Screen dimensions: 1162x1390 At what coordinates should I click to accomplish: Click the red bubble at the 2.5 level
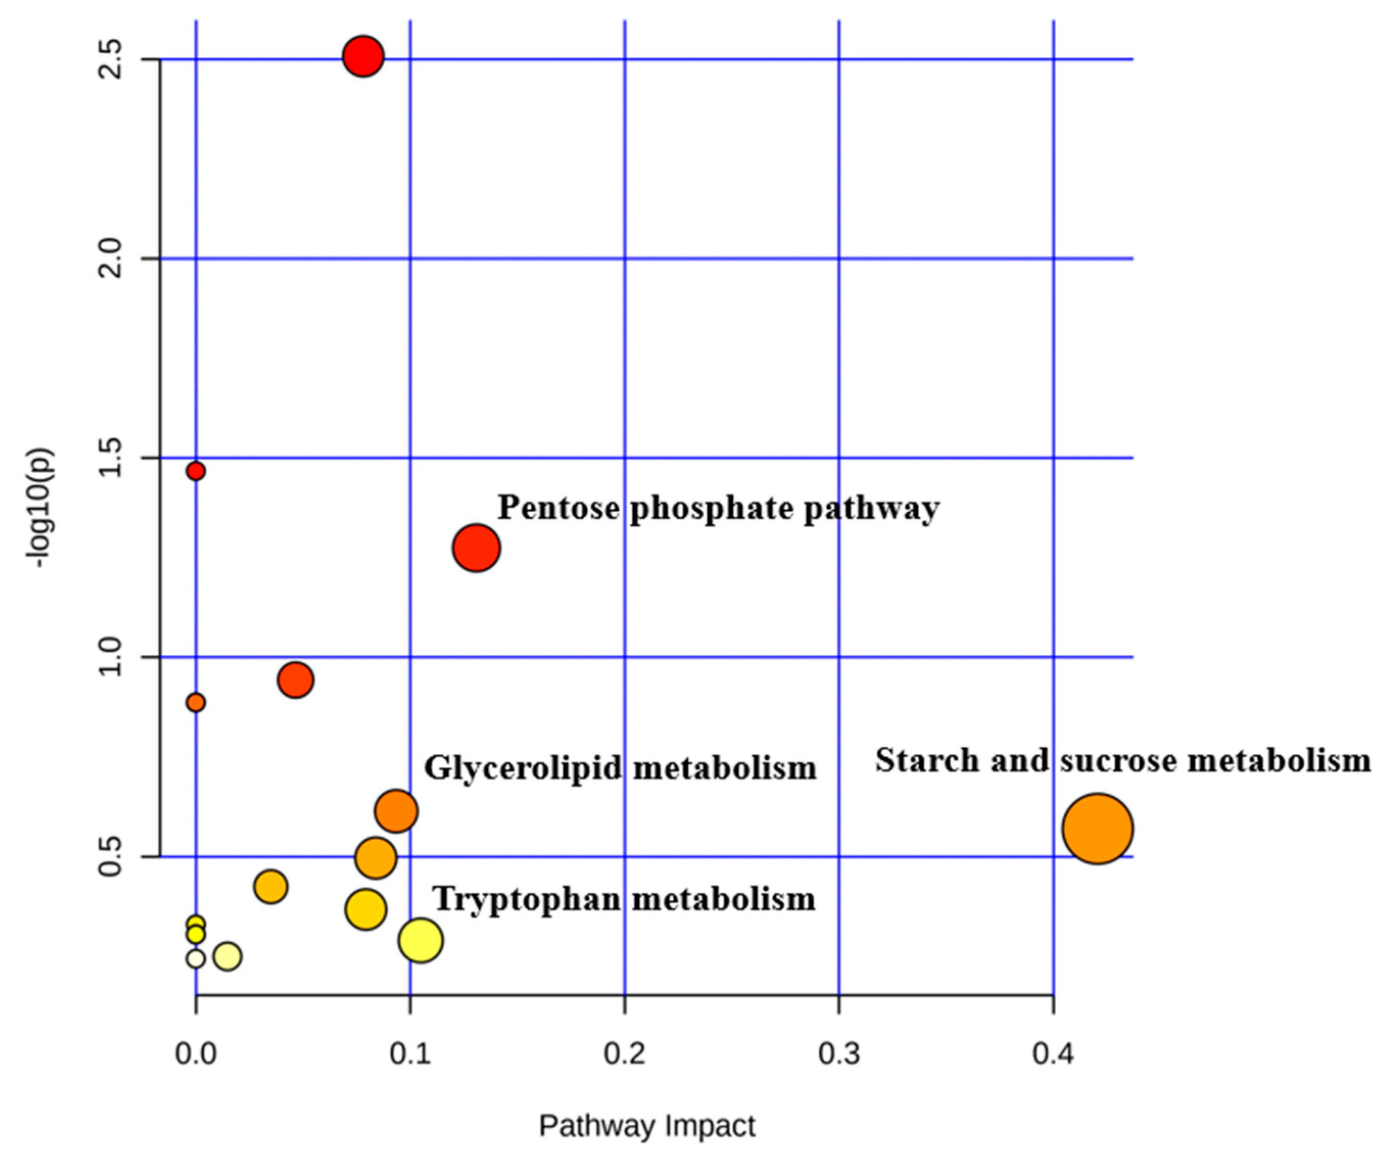[363, 57]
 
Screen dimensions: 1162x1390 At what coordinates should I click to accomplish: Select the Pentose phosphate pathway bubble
[476, 548]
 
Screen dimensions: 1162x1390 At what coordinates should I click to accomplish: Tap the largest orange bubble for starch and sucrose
[1097, 828]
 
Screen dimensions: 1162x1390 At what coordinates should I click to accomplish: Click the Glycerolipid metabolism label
[620, 768]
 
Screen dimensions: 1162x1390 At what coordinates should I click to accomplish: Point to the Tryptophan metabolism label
[624, 899]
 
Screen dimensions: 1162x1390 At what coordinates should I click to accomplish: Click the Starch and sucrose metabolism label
[1122, 760]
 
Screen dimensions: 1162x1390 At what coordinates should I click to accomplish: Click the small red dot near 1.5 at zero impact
[195, 471]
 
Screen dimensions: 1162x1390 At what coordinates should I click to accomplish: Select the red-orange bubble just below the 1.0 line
[295, 680]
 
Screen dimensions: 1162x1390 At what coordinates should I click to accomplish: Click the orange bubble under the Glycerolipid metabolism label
[396, 811]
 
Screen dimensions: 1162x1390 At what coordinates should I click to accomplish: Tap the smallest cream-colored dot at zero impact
[195, 958]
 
